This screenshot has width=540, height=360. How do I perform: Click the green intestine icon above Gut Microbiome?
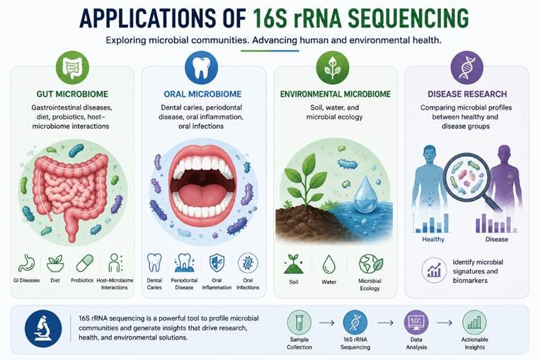(72, 67)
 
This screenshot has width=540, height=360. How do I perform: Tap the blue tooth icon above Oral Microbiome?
(202, 67)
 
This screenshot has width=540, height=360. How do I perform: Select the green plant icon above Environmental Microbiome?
(333, 67)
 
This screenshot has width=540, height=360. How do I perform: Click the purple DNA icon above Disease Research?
(467, 67)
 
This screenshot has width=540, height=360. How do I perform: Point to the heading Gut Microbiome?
(72, 94)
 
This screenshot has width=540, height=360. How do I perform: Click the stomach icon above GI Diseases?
(26, 263)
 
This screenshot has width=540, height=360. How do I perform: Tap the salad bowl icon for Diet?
(55, 264)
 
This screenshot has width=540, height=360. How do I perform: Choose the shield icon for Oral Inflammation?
(217, 263)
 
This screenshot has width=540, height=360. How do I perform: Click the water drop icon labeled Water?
(329, 265)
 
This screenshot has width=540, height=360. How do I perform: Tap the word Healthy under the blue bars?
(433, 239)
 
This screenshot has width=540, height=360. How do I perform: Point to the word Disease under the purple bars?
(497, 239)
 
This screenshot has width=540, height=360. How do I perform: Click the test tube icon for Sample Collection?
(299, 323)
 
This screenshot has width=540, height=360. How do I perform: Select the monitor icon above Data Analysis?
(416, 323)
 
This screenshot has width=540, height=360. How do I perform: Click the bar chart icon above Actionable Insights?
(475, 323)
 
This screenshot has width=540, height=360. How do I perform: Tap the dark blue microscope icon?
(43, 329)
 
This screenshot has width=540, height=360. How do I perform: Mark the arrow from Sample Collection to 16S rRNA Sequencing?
(327, 323)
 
